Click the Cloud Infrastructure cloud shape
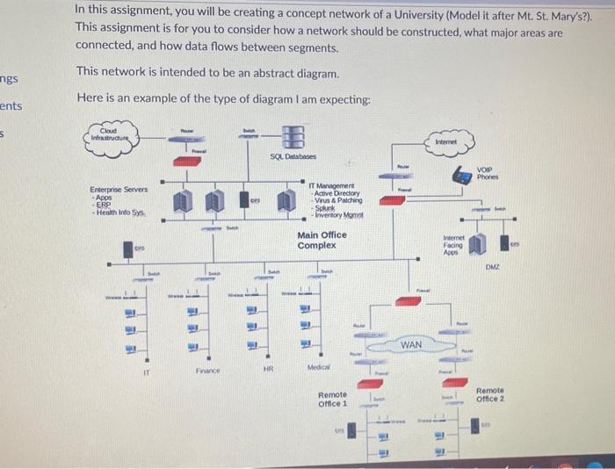[114, 135]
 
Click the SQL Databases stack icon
[293, 137]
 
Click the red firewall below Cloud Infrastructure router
[186, 162]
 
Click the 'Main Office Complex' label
[322, 240]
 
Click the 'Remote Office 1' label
[332, 400]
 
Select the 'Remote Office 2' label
[489, 394]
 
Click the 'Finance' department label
[207, 372]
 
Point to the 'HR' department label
[268, 370]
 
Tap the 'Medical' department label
[319, 368]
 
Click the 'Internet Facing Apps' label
[453, 244]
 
